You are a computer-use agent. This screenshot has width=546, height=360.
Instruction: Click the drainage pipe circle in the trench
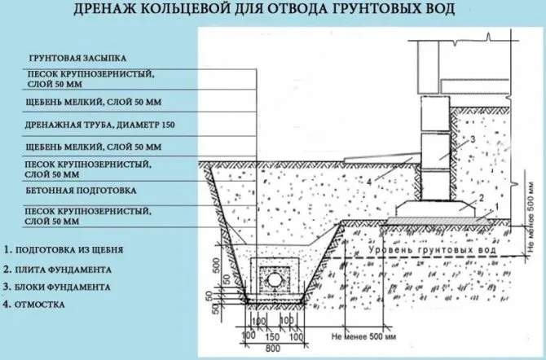tap(274, 279)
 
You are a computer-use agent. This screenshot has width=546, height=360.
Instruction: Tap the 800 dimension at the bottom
tap(272, 348)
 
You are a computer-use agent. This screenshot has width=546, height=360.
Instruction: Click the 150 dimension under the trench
tap(272, 336)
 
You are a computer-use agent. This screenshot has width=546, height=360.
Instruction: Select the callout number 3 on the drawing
tap(473, 139)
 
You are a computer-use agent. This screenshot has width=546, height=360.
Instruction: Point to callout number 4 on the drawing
tap(370, 182)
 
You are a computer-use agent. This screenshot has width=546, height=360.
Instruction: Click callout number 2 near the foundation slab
tap(482, 198)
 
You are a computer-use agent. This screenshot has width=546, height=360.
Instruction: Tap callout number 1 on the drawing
tap(497, 207)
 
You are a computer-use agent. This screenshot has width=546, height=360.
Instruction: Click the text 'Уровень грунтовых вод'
tap(432, 250)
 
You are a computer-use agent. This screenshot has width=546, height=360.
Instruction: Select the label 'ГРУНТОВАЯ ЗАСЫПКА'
tap(77, 58)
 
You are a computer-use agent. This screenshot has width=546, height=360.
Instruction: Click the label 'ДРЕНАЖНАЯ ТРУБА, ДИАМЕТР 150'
tap(99, 125)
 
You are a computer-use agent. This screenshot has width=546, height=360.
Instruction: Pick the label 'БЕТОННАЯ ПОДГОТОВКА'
tap(81, 191)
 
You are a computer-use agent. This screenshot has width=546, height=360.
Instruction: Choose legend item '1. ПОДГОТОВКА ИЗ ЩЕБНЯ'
tap(64, 250)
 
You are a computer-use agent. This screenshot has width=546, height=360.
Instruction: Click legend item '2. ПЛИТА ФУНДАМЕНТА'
tap(58, 270)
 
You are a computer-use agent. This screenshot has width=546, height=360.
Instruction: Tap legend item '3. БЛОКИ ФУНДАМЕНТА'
tap(57, 288)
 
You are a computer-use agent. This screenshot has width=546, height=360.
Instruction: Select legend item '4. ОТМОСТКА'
tap(34, 305)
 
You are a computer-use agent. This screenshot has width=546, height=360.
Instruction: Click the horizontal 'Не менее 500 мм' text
tap(363, 336)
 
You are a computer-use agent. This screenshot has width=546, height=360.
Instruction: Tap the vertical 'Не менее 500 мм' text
tap(531, 217)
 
